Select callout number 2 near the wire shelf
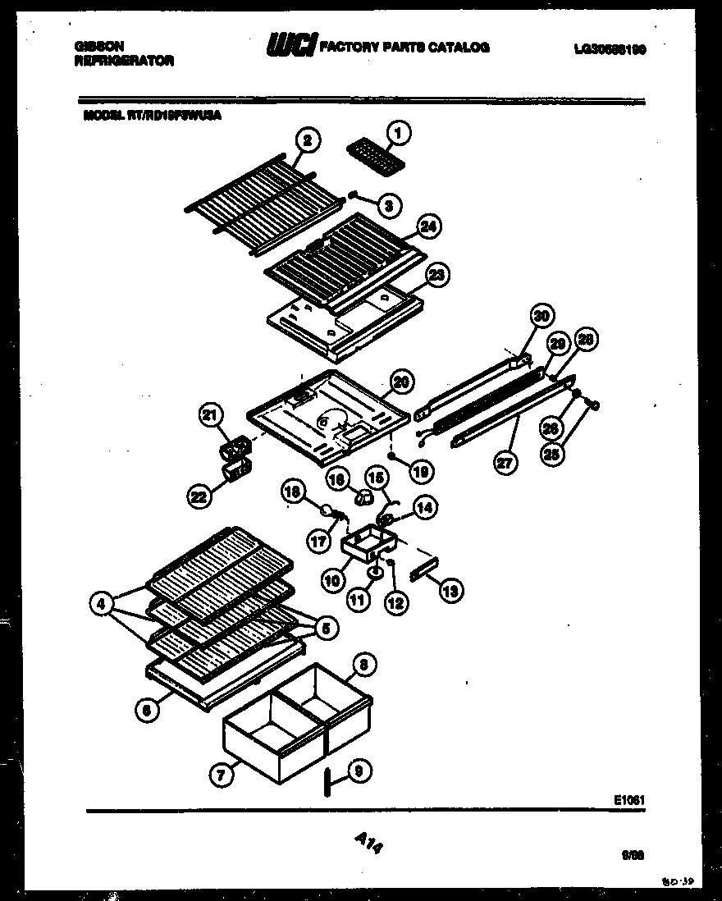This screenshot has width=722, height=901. (306, 141)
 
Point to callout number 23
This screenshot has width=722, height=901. (437, 275)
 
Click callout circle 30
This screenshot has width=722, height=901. (541, 315)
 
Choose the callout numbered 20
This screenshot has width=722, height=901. (400, 381)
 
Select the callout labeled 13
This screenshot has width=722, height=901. (450, 588)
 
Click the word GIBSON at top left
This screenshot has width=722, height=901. (93, 48)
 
